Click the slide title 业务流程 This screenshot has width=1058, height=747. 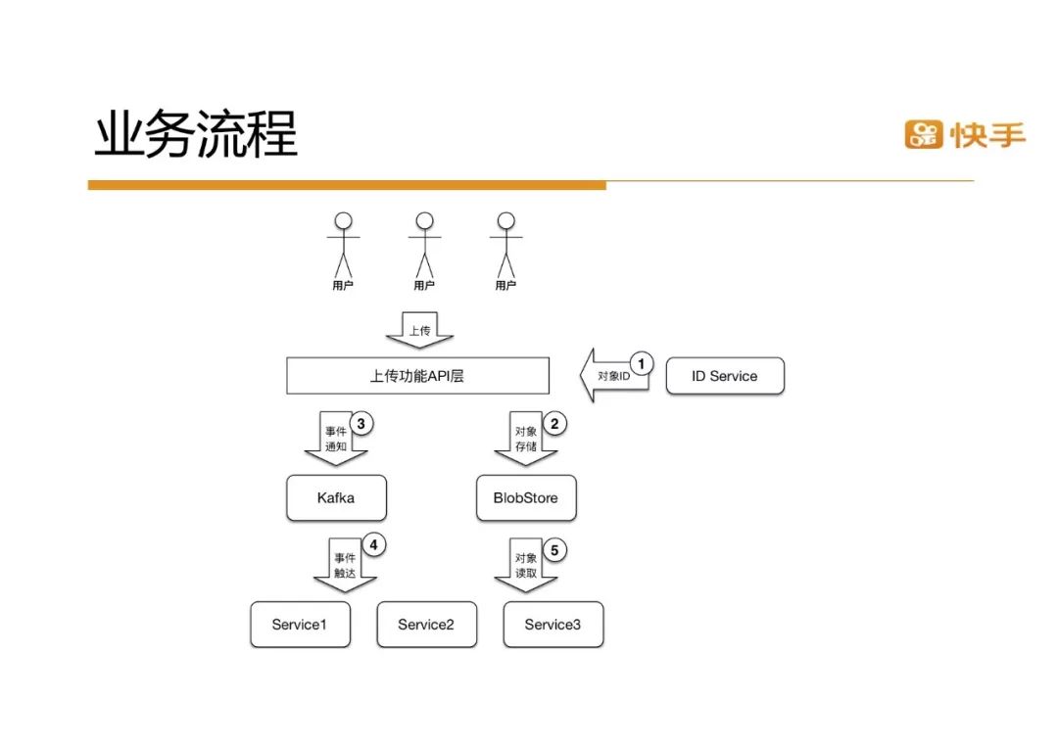click(196, 135)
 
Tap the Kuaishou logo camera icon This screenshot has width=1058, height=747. click(923, 134)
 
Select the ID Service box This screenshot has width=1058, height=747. click(725, 376)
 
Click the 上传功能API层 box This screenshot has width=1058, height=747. click(417, 376)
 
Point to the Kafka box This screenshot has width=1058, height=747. click(336, 498)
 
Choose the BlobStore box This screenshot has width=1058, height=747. click(526, 498)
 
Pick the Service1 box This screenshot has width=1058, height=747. click(300, 625)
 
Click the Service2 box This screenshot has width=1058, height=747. click(426, 625)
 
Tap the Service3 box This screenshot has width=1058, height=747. click(553, 625)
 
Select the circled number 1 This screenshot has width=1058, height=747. click(642, 364)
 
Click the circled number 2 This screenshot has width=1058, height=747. click(554, 424)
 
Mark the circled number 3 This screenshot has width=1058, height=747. click(361, 424)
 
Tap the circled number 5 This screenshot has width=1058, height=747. click(553, 550)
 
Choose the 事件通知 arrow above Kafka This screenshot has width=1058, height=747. click(335, 439)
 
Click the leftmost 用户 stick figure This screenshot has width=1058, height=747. click(343, 246)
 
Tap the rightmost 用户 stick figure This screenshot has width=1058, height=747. click(505, 246)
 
